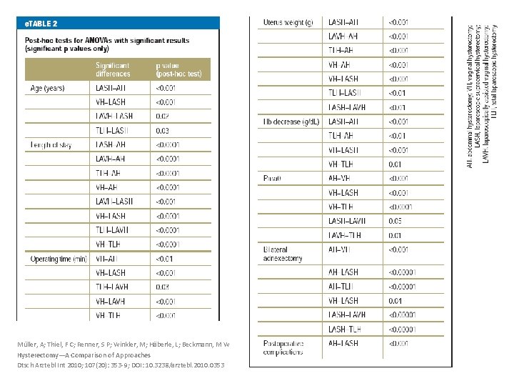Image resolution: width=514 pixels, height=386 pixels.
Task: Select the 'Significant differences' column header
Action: click(x=114, y=69)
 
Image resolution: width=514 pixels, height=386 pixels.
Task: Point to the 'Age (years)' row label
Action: click(x=49, y=88)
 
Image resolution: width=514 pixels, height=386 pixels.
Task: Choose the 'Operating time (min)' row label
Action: click(x=59, y=259)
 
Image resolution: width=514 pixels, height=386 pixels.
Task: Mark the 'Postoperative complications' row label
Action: click(x=283, y=347)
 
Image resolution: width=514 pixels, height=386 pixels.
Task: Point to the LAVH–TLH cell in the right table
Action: click(x=345, y=235)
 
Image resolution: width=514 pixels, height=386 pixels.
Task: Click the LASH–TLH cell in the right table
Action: click(x=345, y=329)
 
